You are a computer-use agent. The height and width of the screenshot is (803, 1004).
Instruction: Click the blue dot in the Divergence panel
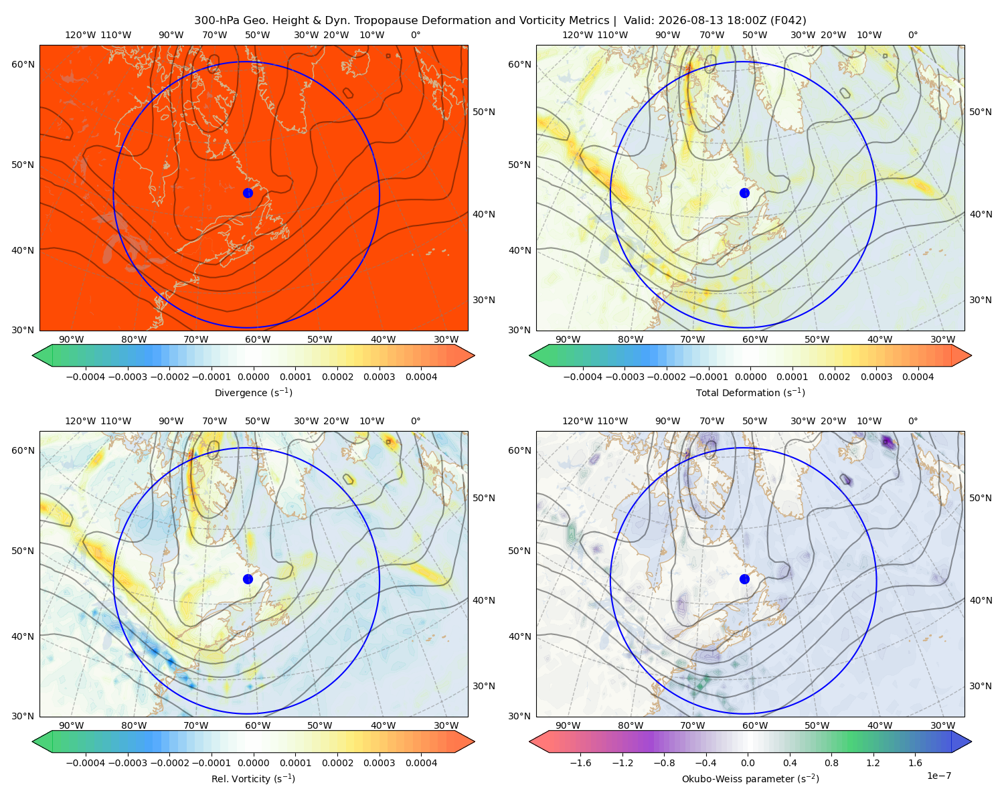pyautogui.click(x=248, y=193)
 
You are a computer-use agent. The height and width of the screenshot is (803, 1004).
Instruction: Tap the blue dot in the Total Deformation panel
pyautogui.click(x=744, y=193)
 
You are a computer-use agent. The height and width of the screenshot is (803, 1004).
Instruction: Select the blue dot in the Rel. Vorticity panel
pyautogui.click(x=248, y=579)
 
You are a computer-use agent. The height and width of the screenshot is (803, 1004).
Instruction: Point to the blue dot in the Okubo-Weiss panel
pyautogui.click(x=744, y=579)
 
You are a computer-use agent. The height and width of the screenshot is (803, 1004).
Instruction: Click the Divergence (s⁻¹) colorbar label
pyautogui.click(x=253, y=392)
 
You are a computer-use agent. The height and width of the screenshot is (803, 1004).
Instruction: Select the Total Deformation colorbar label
pyautogui.click(x=750, y=392)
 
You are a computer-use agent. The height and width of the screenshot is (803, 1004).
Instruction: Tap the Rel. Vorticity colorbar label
pyautogui.click(x=253, y=778)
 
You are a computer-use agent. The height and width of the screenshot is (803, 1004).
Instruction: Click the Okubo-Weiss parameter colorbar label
pyautogui.click(x=750, y=778)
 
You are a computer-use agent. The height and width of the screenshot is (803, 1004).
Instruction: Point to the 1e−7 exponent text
pyautogui.click(x=938, y=776)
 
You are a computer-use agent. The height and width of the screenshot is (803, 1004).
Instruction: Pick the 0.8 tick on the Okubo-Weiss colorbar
pyautogui.click(x=831, y=762)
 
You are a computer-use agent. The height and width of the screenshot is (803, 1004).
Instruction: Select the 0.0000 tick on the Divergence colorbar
pyautogui.click(x=253, y=377)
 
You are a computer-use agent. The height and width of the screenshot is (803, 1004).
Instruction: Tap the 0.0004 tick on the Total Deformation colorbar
pyautogui.click(x=918, y=377)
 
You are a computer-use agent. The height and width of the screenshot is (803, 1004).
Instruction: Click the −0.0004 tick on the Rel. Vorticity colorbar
pyautogui.click(x=86, y=762)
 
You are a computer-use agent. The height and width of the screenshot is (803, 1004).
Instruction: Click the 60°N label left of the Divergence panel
pyautogui.click(x=23, y=64)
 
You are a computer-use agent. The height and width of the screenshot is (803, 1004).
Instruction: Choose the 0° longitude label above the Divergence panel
pyautogui.click(x=416, y=35)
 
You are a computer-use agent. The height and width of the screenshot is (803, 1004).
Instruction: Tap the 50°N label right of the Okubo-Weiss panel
pyautogui.click(x=980, y=497)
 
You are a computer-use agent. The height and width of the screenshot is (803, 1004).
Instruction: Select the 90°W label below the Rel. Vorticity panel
pyautogui.click(x=71, y=725)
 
